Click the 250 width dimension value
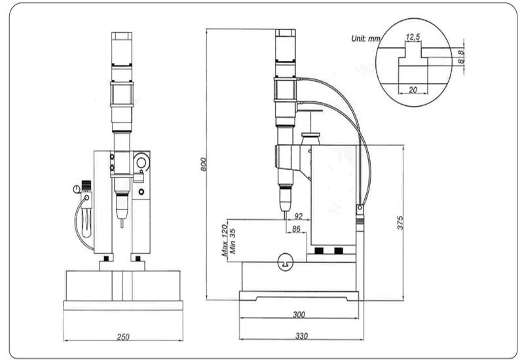tap(123, 336)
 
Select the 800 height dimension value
tap(204, 164)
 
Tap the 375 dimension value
tap(400, 223)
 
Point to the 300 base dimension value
tap(299, 314)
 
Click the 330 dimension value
tap(301, 336)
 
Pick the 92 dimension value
tap(298, 216)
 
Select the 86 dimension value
tap(296, 229)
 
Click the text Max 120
tap(225, 240)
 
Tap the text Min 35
tap(233, 241)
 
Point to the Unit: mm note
tap(365, 39)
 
